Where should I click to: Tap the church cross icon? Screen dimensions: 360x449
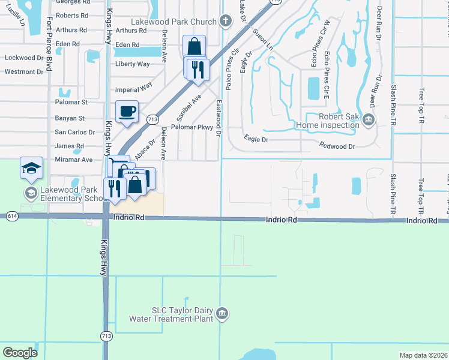[225, 22]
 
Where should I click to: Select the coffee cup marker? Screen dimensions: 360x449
[127, 112]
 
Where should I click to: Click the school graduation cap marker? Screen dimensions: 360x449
[31, 169]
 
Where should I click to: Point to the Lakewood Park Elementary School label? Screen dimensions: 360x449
[68, 193]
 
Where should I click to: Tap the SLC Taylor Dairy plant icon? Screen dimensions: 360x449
[222, 313]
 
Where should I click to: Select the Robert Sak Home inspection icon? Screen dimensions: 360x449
[369, 121]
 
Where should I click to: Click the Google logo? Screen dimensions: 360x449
[20, 353]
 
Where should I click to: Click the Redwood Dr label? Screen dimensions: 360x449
[337, 146]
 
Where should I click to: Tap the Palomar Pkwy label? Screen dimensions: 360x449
[192, 127]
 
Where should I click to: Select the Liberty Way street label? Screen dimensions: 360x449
[132, 64]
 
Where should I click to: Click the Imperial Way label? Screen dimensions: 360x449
[134, 90]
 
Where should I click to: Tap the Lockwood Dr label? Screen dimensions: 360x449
[24, 58]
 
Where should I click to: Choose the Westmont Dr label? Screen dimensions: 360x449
[24, 71]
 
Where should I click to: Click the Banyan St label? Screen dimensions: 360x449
[70, 118]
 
